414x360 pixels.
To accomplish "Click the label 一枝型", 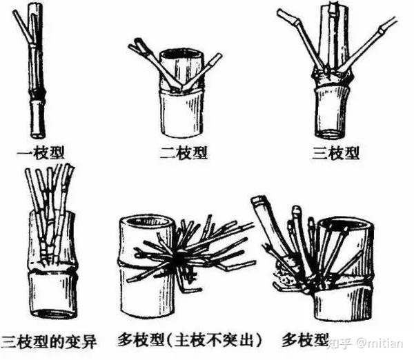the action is pos(41,153).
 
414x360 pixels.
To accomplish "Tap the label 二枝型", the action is pos(184,153).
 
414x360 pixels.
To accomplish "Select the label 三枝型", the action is pos(335,153).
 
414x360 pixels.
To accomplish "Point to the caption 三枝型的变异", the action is pos(48,341).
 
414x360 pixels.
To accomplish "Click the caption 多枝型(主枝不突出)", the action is pos(190,340).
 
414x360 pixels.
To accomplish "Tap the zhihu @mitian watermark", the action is pos(366,344).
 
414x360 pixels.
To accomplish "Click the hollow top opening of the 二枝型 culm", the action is pos(181,54).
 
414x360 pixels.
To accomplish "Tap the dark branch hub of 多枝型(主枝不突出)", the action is pos(180,257).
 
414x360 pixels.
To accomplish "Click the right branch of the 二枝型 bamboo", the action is pos(203,71).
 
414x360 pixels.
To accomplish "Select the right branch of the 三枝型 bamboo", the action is pos(367,44).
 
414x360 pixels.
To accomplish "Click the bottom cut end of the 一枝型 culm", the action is pos(37,135).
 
